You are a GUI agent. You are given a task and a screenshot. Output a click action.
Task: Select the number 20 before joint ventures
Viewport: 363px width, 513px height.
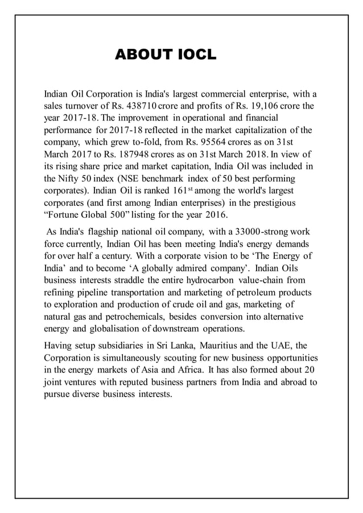(x=311, y=370)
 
